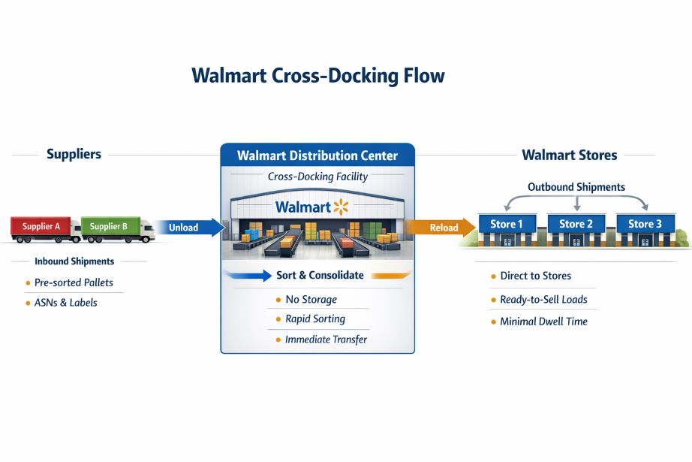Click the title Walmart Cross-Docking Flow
tap(317, 76)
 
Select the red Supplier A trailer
tap(41, 225)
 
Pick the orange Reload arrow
tap(443, 227)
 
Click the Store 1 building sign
tap(507, 224)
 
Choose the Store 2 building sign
tap(576, 224)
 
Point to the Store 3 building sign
tap(645, 224)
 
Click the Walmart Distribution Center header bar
tap(317, 156)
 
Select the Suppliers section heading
tap(74, 155)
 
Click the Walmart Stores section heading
tap(569, 156)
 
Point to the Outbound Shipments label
tap(576, 187)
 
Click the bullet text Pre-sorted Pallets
tap(74, 283)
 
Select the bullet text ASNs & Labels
tap(66, 303)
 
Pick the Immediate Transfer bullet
tap(326, 340)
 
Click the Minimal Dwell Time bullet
tap(543, 322)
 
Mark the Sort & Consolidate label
tap(320, 276)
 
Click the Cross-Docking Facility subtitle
tap(317, 177)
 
